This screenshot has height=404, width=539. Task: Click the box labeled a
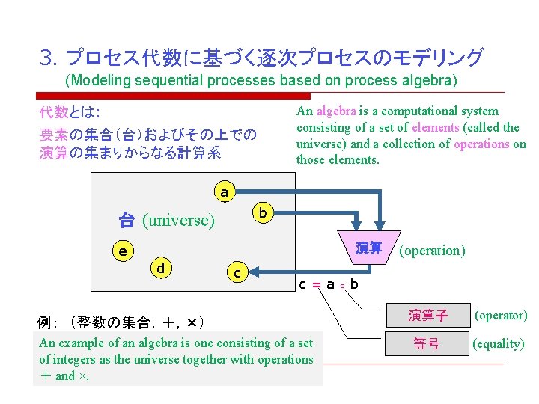(x=224, y=192)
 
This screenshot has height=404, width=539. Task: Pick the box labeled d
(x=161, y=267)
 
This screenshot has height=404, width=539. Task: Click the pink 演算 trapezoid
(x=368, y=248)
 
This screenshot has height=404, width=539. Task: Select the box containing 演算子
(x=427, y=316)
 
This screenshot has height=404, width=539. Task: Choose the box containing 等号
(x=427, y=344)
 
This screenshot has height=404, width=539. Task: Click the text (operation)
(x=433, y=250)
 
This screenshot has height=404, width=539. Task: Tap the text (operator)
(x=500, y=316)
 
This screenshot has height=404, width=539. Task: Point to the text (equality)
(x=499, y=344)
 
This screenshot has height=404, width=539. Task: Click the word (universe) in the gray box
(x=178, y=221)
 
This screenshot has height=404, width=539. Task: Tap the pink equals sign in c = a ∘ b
(x=317, y=285)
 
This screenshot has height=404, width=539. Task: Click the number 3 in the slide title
(x=46, y=58)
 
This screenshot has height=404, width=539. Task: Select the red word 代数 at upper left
(x=53, y=113)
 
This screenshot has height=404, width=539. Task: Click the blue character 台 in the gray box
(x=127, y=221)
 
